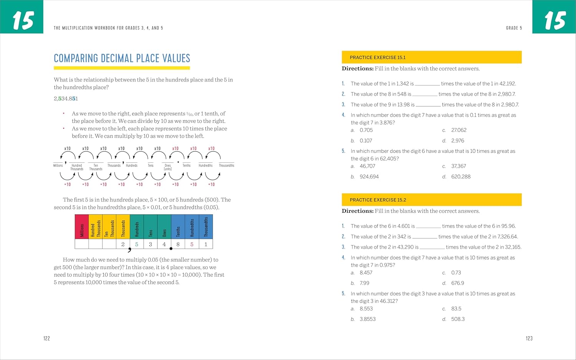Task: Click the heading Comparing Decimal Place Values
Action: tap(122, 58)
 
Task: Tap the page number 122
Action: tap(46, 338)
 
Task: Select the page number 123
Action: tap(529, 338)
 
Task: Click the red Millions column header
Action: tap(82, 226)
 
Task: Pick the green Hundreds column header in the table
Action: tap(137, 226)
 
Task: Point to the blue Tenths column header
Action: tap(178, 226)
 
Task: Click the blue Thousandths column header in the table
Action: tap(206, 226)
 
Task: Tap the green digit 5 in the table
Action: tap(137, 244)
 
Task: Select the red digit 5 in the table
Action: tap(192, 244)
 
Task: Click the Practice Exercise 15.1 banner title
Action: tap(377, 58)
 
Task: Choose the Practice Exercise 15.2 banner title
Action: tap(378, 200)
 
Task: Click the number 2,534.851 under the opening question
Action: tap(66, 99)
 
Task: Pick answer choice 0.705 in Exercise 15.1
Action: tap(366, 130)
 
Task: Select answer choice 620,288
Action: tap(461, 177)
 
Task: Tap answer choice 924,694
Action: tap(369, 177)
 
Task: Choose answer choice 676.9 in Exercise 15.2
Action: tap(457, 283)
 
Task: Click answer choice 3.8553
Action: tap(367, 319)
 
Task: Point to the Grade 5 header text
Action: tap(514, 28)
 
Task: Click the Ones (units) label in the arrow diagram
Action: tap(168, 167)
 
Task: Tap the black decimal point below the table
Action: tap(171, 249)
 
